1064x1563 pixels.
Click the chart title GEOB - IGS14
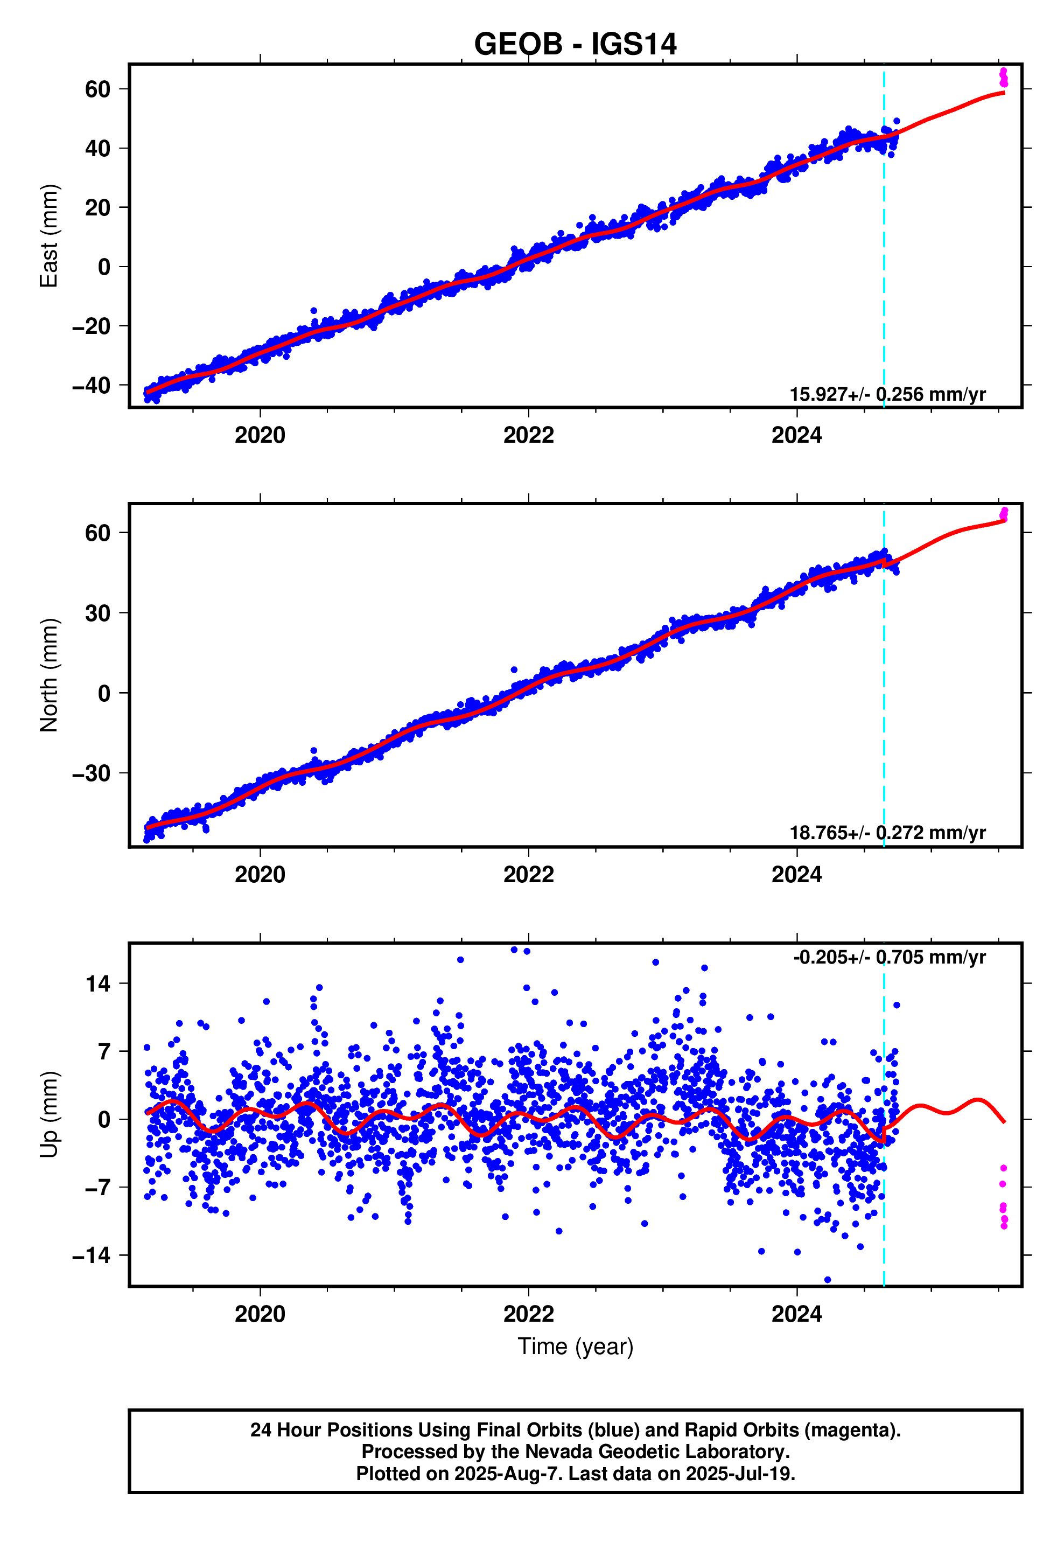pyautogui.click(x=575, y=44)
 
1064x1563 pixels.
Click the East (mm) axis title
pyautogui.click(x=49, y=235)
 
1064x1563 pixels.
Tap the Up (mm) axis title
pyautogui.click(x=49, y=1114)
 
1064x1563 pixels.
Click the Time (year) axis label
pyautogui.click(x=575, y=1346)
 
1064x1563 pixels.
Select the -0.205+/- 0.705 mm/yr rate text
pyautogui.click(x=889, y=957)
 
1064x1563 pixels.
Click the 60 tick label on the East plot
pyautogui.click(x=97, y=89)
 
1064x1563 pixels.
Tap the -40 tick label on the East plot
pyautogui.click(x=92, y=386)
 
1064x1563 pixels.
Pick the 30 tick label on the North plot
pyautogui.click(x=97, y=613)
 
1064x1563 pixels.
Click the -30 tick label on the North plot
pyautogui.click(x=92, y=773)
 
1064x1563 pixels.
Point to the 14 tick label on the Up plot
pyautogui.click(x=97, y=984)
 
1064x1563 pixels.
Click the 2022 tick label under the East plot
pyautogui.click(x=528, y=435)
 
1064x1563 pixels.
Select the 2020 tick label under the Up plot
pyautogui.click(x=260, y=1314)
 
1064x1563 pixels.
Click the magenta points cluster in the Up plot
pyautogui.click(x=1003, y=1204)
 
